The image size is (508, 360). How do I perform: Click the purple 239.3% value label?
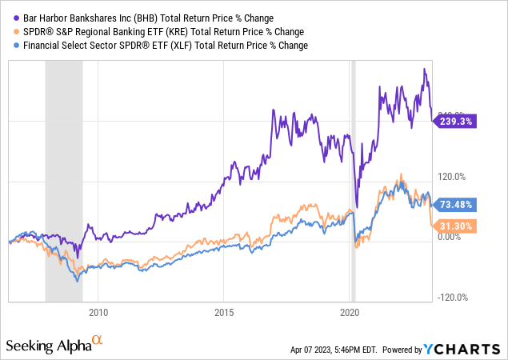click(x=456, y=122)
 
